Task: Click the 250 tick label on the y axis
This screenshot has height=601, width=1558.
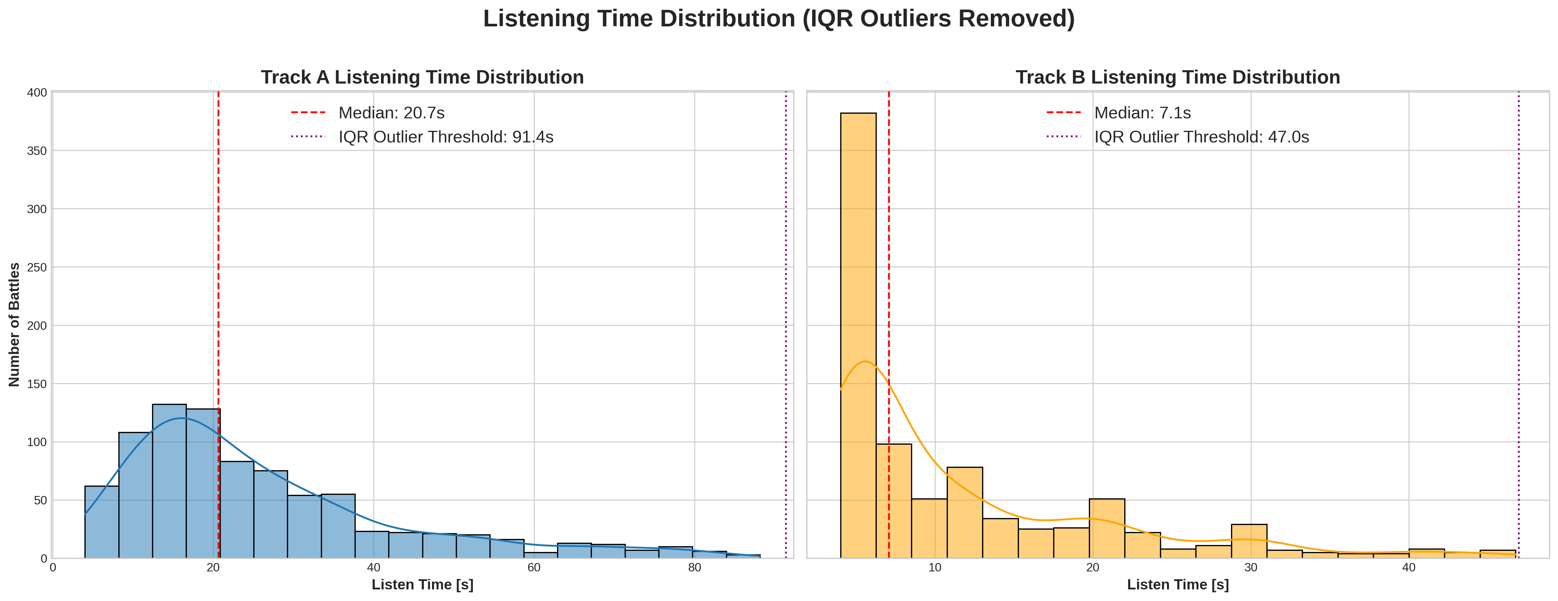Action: [37, 267]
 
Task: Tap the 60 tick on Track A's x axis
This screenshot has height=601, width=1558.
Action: [534, 568]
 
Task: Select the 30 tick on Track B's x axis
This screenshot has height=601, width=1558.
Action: [1251, 568]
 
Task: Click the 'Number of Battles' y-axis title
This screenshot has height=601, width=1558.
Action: [15, 325]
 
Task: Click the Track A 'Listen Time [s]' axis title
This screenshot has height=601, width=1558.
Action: [422, 585]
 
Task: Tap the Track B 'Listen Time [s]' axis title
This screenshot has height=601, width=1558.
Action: [1178, 585]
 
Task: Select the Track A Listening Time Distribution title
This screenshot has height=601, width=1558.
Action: [422, 77]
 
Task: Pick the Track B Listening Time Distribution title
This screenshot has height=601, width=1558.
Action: [1178, 77]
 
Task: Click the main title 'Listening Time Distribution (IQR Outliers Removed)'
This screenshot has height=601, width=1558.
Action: [778, 19]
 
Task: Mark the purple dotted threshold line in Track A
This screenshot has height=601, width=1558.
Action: [786, 327]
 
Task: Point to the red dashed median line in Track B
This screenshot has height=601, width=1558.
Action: [888, 242]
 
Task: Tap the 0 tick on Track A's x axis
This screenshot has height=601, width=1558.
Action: [53, 568]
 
